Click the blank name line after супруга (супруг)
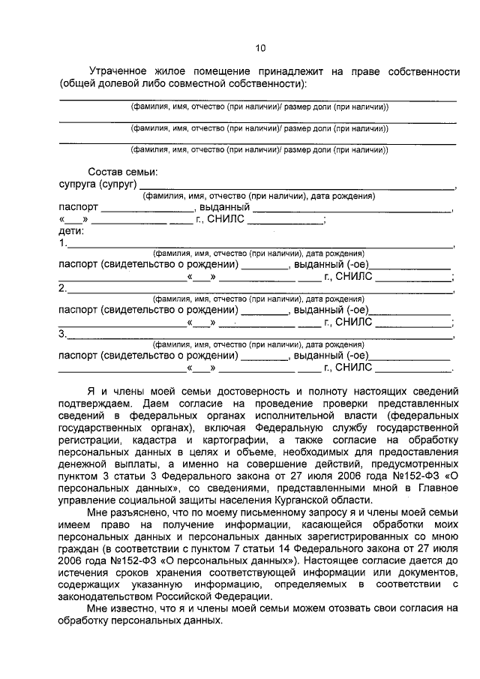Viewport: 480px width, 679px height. tap(296, 186)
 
